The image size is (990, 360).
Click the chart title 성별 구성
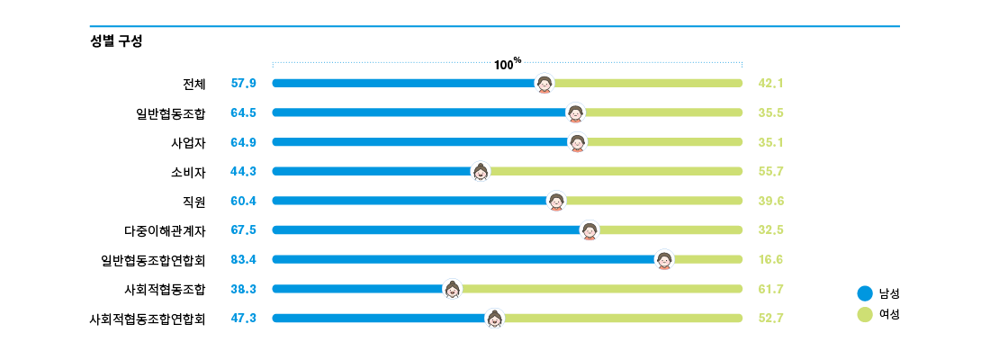point(116,41)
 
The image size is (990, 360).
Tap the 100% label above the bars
point(508,64)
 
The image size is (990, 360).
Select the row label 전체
point(193,84)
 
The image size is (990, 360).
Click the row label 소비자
point(188,171)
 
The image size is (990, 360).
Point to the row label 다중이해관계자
point(165,230)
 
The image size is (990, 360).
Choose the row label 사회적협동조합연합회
point(148,319)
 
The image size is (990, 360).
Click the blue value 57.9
point(244,84)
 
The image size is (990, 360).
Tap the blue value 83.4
point(244,259)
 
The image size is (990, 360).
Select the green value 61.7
point(771,289)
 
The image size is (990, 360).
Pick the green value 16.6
point(771,259)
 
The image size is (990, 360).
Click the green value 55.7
point(771,171)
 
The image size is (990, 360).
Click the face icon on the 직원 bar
point(557,201)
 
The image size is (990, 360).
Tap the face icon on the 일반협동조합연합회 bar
point(665,259)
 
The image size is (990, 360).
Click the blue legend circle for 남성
point(865,293)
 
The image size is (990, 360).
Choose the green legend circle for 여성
point(865,315)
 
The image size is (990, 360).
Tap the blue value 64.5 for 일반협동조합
point(244,112)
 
